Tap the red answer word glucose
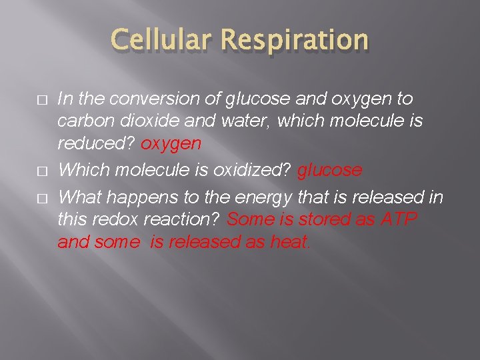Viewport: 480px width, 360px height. (x=329, y=171)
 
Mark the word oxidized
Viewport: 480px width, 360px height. (x=252, y=171)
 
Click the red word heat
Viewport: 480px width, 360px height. (x=289, y=242)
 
